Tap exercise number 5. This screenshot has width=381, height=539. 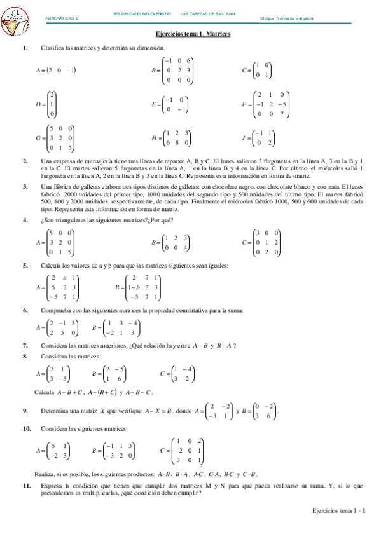(25, 264)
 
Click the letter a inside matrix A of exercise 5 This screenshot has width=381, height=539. (65, 278)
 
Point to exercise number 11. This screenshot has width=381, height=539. (26, 486)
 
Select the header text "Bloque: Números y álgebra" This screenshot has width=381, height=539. (291, 18)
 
